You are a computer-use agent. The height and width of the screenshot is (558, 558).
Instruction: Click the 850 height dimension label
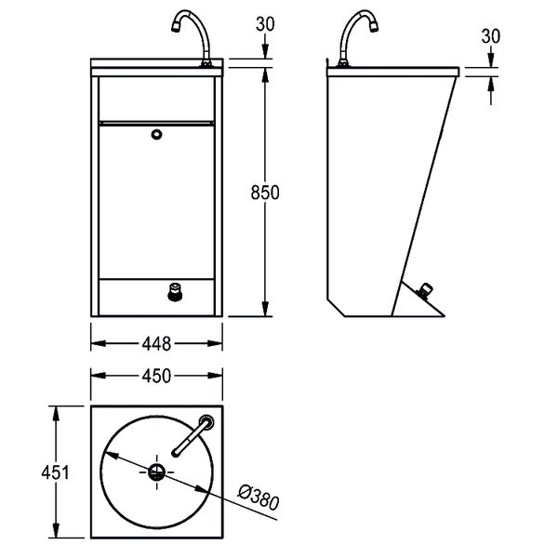(265, 193)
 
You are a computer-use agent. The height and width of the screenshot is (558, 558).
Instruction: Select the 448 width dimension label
(156, 344)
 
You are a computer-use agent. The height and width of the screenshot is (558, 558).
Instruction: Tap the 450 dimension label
(156, 376)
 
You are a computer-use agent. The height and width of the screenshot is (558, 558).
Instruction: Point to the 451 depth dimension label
(56, 473)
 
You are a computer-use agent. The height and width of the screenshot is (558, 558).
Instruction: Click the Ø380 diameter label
(259, 498)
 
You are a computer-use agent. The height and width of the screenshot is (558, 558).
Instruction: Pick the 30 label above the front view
(265, 24)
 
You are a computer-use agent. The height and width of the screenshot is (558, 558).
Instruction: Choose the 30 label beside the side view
(491, 36)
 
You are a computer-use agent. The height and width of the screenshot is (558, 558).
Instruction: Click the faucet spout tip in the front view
(176, 27)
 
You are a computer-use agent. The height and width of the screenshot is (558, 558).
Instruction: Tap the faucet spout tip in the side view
(374, 27)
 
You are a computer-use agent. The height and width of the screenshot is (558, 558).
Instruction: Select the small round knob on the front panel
(156, 134)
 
